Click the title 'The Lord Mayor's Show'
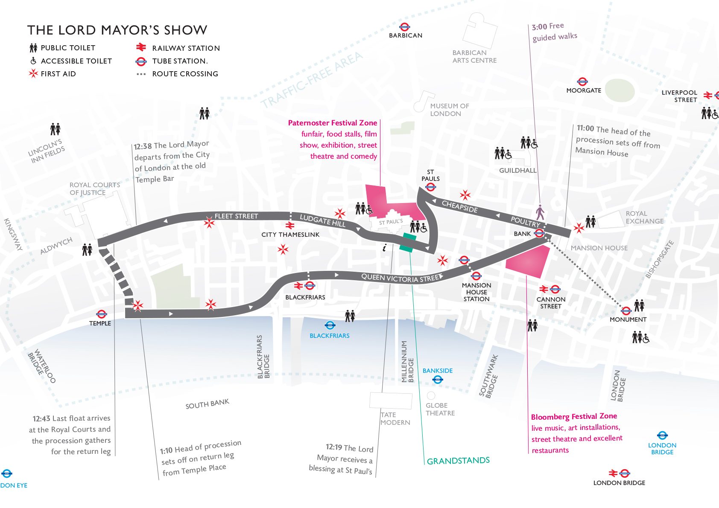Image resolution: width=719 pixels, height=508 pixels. [117, 30]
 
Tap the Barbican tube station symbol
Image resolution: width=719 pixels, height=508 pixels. [404, 27]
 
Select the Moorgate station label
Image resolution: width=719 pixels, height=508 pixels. [583, 90]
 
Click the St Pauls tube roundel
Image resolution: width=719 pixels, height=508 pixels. [430, 187]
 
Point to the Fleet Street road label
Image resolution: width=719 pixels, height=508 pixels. [236, 216]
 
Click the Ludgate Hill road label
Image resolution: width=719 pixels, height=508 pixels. [322, 221]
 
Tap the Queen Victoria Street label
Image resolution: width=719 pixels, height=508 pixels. [400, 278]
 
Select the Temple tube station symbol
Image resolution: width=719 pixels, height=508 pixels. [101, 314]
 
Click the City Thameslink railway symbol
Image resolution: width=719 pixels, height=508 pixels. [290, 226]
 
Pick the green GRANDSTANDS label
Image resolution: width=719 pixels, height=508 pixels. [458, 461]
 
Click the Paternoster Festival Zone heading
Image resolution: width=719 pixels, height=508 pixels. [332, 123]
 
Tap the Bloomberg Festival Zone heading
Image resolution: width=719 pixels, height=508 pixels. [574, 416]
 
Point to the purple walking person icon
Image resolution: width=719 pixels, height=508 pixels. [540, 212]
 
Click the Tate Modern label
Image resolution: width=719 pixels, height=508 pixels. [395, 418]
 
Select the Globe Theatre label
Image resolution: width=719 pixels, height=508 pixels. [440, 409]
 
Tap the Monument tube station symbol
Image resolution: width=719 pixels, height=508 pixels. [626, 311]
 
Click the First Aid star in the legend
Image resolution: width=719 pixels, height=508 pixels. [33, 73]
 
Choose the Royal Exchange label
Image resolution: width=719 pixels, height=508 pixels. [644, 217]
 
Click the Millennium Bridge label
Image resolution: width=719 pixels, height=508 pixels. [407, 361]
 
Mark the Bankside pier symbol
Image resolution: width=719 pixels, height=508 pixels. [437, 379]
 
